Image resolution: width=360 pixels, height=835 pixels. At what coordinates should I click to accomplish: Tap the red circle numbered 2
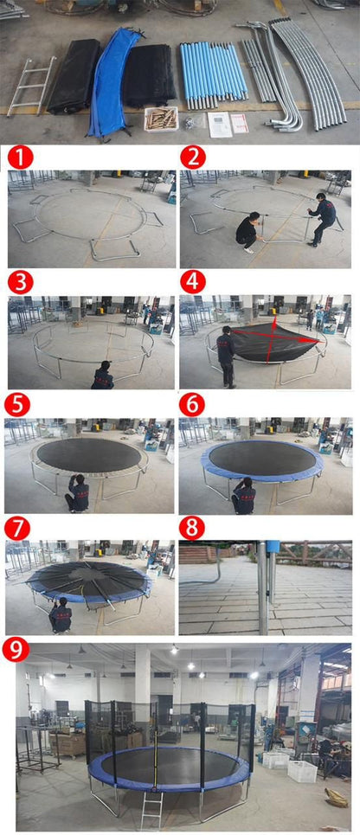(192, 157)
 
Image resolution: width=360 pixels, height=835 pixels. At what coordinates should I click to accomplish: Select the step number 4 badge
(192, 283)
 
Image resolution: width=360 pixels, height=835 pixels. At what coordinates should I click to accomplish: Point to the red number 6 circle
(192, 405)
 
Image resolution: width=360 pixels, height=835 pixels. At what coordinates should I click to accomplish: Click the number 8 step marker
(192, 528)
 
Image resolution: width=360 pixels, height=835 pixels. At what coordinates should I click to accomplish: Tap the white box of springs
(161, 118)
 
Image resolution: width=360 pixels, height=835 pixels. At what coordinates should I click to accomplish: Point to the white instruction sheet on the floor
(221, 124)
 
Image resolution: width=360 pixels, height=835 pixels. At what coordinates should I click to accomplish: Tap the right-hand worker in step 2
(325, 218)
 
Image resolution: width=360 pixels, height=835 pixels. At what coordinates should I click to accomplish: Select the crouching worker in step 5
(78, 493)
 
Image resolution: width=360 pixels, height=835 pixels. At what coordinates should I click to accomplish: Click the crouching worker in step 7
(61, 616)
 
